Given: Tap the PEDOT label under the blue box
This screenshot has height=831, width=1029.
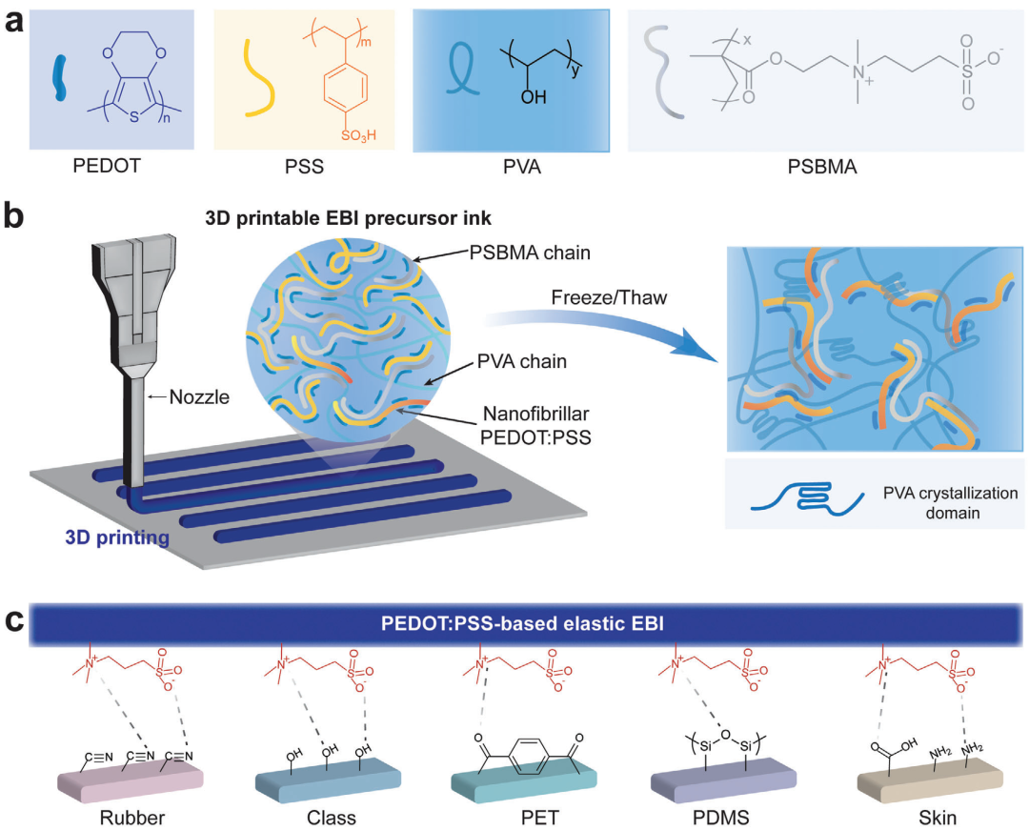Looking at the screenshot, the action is point(107,166).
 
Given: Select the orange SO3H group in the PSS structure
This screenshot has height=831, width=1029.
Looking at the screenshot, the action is point(358,136).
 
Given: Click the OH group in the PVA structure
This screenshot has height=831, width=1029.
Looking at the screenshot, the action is point(534,97).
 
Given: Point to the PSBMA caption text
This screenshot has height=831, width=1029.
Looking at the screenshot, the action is point(822,167).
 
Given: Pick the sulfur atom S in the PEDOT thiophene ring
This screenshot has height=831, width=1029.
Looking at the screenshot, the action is point(134,117).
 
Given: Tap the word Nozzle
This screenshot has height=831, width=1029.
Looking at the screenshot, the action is point(199,397).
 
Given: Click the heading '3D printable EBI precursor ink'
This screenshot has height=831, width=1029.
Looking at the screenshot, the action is point(349,218).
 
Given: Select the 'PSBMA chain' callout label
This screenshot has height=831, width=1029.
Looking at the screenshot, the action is point(530,253).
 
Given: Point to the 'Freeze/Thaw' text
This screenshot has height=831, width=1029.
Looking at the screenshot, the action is point(609,297).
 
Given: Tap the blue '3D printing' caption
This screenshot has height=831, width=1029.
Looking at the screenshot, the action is point(117,537).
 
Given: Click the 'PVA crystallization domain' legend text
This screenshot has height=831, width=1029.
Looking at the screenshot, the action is point(950,503).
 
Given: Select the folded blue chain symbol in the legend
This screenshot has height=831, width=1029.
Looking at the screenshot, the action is point(807,499).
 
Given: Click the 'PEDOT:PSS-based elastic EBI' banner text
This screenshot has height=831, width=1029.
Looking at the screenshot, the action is point(522,623).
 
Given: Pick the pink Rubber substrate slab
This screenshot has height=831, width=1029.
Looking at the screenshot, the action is point(131,779).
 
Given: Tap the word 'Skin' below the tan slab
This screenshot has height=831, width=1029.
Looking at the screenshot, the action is point(938,818).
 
